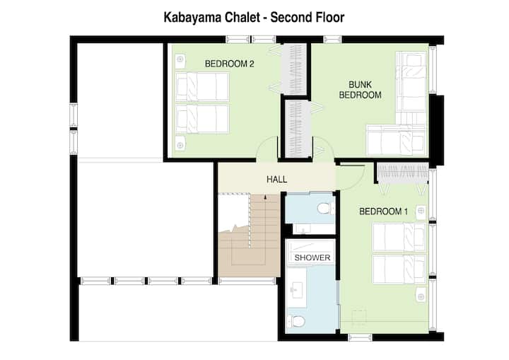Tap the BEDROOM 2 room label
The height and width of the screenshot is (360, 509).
tap(229, 64)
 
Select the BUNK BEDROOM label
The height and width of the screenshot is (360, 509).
tap(360, 90)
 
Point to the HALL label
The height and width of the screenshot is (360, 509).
tap(276, 179)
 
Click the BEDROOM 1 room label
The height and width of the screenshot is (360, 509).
tap(383, 211)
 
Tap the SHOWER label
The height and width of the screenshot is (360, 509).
tap(312, 257)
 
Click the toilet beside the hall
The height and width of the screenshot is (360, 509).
tap(324, 208)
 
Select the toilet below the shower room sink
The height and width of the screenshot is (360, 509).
tap(296, 321)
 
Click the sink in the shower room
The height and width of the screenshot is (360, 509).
tap(297, 288)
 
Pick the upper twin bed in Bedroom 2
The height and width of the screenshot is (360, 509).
tap(202, 87)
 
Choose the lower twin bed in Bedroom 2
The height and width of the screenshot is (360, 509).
tap(202, 119)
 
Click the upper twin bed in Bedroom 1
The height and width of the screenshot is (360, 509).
tap(399, 237)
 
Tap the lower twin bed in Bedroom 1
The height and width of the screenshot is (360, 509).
tap(399, 269)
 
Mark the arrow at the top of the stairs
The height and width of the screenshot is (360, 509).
tap(265, 197)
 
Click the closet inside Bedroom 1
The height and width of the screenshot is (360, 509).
tap(402, 173)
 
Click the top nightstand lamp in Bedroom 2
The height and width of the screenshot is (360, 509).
tap(180, 60)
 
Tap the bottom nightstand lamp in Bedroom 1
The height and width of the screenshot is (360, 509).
tap(421, 296)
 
